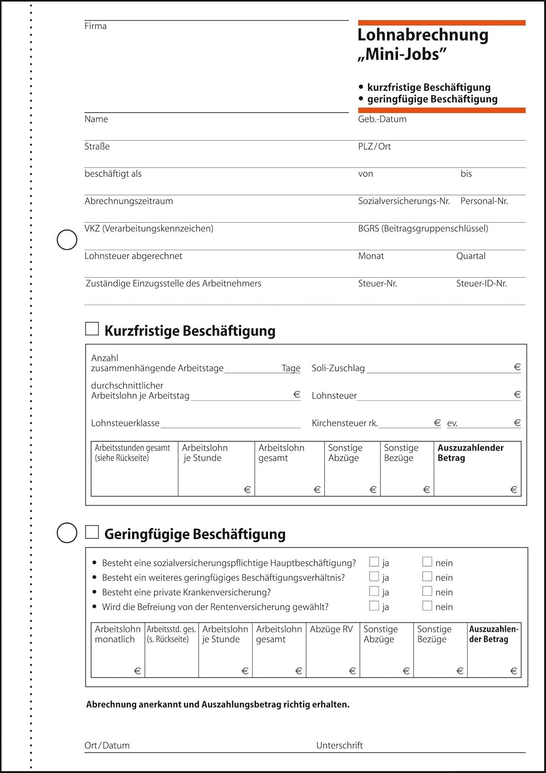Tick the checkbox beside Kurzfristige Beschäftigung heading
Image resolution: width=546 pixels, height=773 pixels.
[x=92, y=329]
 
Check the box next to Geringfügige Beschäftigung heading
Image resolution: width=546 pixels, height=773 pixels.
[x=92, y=532]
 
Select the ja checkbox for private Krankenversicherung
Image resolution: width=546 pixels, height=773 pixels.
[x=374, y=591]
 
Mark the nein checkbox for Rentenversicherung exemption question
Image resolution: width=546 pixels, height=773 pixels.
[x=427, y=606]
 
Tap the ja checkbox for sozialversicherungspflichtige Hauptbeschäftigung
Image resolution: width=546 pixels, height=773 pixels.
[x=374, y=562]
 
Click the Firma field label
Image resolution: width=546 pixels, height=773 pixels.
[x=95, y=26]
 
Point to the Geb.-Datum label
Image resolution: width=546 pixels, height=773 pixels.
[x=382, y=119]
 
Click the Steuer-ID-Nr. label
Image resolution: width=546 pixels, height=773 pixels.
[x=481, y=283]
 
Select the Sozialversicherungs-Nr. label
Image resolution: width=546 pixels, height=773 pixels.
[x=404, y=201]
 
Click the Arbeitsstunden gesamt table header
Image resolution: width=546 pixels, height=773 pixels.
[x=133, y=448]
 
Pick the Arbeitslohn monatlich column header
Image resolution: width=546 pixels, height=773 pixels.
[x=117, y=634]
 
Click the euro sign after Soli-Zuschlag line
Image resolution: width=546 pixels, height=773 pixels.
[x=517, y=367]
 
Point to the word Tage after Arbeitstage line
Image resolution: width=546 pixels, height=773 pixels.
[x=291, y=368]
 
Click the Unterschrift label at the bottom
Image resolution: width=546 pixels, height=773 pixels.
[x=339, y=745]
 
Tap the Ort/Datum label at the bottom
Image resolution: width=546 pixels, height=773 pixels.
[x=107, y=745]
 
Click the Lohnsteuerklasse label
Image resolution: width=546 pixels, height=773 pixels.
[x=125, y=423]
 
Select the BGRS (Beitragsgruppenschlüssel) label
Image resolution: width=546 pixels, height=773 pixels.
[x=423, y=228]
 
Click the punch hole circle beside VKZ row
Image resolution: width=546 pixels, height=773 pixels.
[x=67, y=240]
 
